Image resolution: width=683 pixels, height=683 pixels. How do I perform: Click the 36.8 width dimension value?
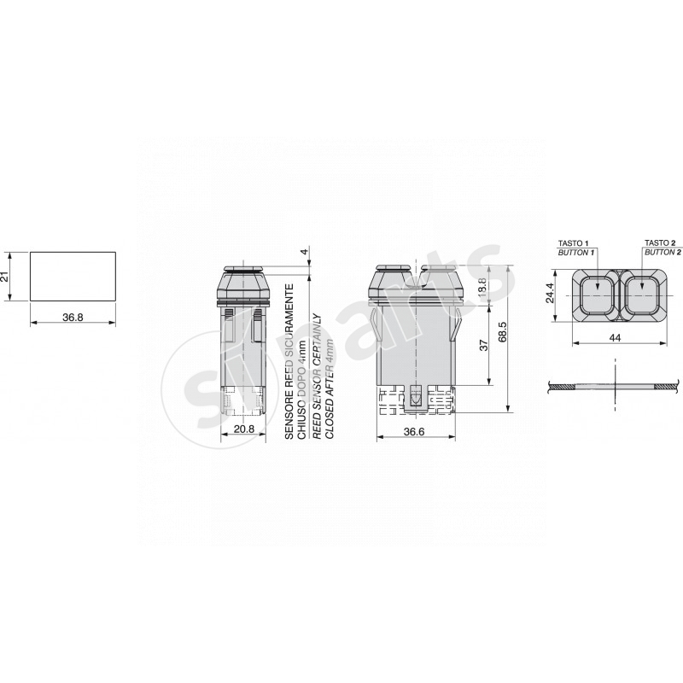73,316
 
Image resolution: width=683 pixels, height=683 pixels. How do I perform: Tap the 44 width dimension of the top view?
615,338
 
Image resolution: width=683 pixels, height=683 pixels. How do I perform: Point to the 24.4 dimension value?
552,295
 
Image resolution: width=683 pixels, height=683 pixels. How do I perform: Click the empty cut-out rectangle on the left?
73,277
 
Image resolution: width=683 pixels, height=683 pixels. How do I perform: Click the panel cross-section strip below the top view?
615,388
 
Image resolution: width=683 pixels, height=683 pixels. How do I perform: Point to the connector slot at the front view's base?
415,397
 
